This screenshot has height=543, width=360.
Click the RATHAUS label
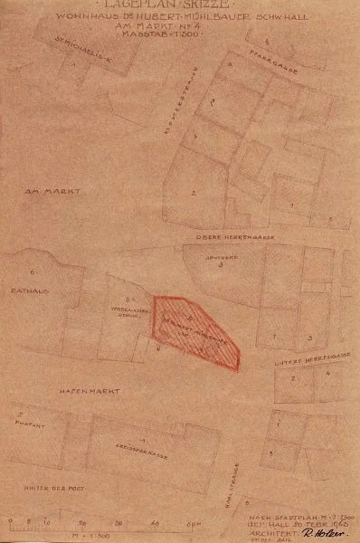tap(21, 291)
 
